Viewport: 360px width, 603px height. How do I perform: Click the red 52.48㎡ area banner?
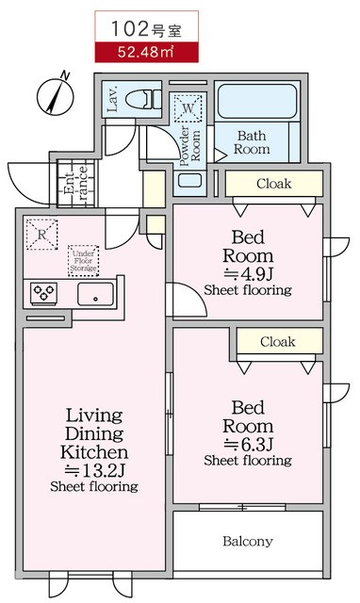(146, 52)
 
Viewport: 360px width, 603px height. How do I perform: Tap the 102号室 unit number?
(146, 29)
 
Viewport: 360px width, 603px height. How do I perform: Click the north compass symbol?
(55, 94)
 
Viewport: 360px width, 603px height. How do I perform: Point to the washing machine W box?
(188, 108)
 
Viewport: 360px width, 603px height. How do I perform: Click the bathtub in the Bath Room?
(256, 102)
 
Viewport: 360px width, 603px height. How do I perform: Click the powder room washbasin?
(190, 181)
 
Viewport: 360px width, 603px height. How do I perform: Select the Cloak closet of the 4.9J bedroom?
(274, 184)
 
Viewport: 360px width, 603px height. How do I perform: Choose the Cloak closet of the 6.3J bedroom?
(279, 341)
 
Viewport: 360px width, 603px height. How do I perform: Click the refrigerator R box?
(41, 235)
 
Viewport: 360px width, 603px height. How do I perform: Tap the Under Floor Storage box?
(84, 261)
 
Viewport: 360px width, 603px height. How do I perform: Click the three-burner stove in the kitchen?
(44, 293)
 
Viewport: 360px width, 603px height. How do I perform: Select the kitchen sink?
(96, 294)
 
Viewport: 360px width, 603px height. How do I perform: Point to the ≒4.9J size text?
(248, 274)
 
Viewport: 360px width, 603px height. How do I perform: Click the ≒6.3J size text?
(248, 444)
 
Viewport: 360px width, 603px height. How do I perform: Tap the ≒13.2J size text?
(94, 470)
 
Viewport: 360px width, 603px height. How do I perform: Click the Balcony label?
(248, 542)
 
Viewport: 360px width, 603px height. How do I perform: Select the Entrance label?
(76, 183)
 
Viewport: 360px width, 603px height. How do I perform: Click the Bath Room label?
(252, 142)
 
